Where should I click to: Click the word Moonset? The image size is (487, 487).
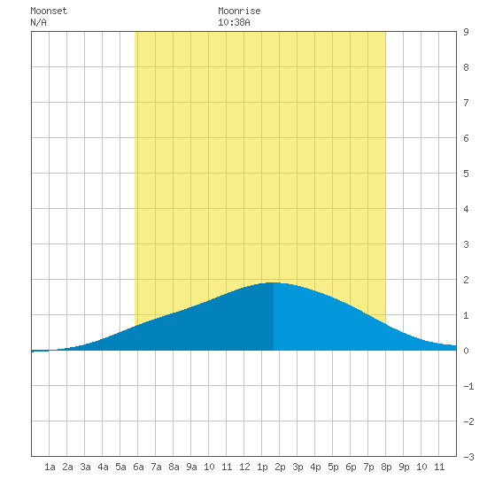coord(49,11)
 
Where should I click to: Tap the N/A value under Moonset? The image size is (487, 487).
coord(38,22)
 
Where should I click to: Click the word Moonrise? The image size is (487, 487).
coord(239,11)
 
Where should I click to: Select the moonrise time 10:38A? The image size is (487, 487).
coord(234,22)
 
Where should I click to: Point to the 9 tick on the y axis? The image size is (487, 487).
coord(466,32)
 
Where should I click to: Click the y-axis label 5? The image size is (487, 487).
coord(466,174)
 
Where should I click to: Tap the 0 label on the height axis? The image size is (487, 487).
coord(466,351)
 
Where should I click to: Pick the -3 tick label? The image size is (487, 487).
coord(468,457)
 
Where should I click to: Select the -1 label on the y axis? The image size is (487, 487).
coord(468,386)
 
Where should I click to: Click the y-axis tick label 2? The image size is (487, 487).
coord(466,280)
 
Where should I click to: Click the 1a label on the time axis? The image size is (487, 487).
coord(50,467)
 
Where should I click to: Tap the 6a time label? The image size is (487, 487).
coord(138,467)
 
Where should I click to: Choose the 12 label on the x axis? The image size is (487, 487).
coord(244,467)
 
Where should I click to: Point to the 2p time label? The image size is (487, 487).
coord(280,467)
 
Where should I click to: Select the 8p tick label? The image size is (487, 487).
coord(386,467)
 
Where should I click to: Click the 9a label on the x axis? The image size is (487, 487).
coord(191,467)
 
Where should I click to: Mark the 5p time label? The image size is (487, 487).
coord(333,467)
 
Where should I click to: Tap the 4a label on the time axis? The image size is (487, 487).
coord(103,467)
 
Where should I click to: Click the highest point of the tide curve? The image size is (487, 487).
coord(274,282)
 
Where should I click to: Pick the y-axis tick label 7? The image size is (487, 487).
coord(466,103)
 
